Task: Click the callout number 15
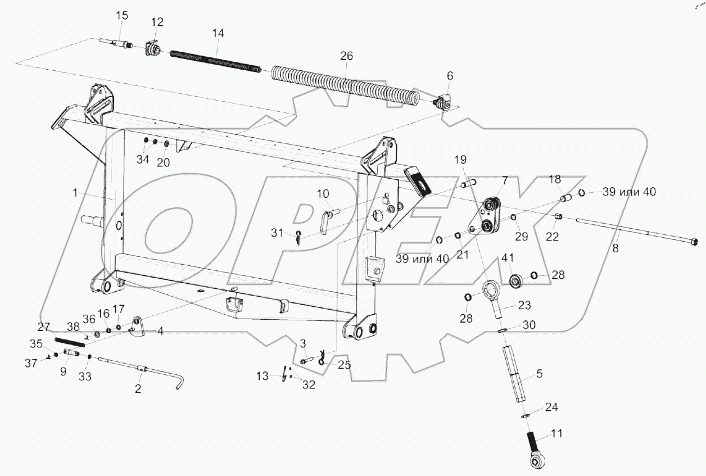(122, 16)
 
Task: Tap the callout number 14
(218, 34)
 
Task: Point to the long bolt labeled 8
(630, 232)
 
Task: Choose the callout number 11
(557, 434)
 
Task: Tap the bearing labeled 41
(514, 280)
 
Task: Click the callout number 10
(323, 194)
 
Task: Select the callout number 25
(344, 365)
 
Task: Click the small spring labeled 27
(70, 341)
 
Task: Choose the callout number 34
(143, 160)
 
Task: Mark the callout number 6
(449, 75)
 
